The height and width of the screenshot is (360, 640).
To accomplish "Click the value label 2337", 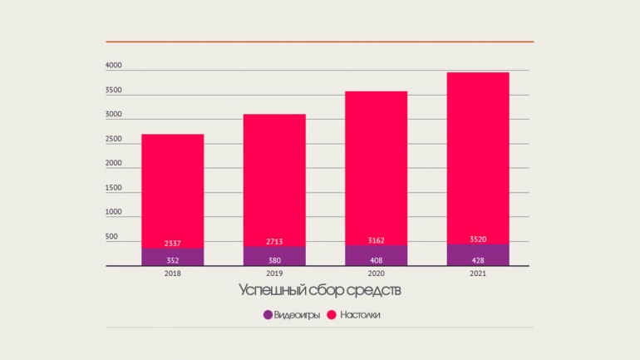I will (172, 243).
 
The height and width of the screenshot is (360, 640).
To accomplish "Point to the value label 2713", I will (274, 242).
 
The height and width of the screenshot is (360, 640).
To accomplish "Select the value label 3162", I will (376, 241).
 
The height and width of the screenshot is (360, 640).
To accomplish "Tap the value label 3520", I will (477, 239).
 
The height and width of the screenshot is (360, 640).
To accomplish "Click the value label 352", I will (172, 260).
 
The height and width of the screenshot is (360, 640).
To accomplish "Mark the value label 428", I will (477, 260).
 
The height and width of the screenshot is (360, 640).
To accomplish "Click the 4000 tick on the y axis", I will (114, 66).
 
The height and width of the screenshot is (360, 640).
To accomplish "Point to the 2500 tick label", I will (114, 139).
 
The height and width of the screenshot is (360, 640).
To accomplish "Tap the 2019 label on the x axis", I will (274, 273).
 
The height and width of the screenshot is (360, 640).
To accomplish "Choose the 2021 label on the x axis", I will (477, 273).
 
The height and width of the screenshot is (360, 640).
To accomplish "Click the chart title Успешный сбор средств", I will (320, 290).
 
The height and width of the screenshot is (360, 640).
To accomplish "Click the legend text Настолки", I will (359, 315).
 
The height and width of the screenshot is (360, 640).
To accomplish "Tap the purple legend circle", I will (268, 315).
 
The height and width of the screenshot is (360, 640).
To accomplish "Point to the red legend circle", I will (331, 315).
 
